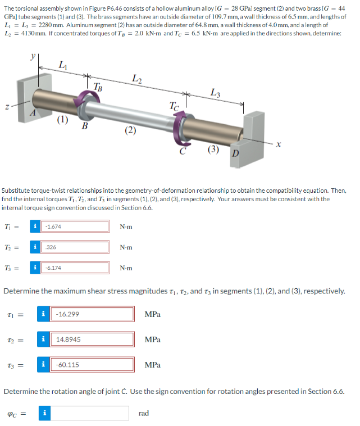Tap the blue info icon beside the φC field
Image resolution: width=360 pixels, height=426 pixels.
[44, 413]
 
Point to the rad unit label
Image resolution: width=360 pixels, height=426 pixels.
[143, 414]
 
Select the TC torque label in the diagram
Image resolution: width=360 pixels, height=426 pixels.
[175, 105]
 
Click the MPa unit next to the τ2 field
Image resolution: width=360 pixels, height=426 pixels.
[153, 339]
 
